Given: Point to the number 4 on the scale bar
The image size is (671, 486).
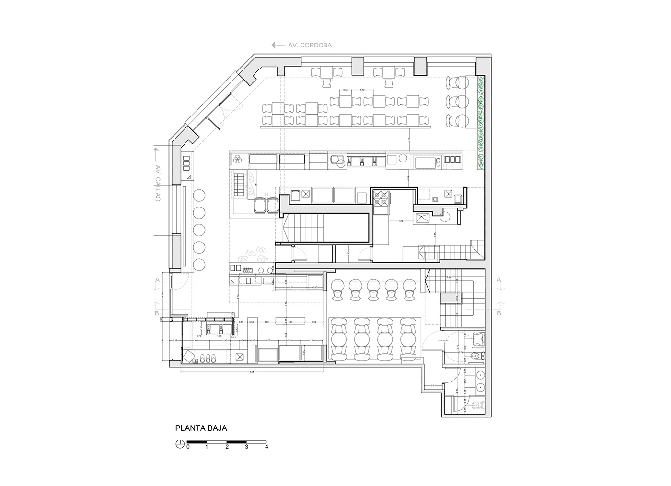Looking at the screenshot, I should coord(266,447).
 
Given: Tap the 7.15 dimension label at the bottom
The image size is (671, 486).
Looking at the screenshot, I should coord(251,372).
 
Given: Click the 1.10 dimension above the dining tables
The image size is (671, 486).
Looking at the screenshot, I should coord(362,90).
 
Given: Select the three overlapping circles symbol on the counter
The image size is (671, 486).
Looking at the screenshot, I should coord(236,159).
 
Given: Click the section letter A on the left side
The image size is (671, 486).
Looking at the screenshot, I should coord(156,279).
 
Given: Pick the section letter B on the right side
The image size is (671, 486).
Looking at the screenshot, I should coord(499,314).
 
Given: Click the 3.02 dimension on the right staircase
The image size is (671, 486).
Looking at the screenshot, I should coord(449,277).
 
